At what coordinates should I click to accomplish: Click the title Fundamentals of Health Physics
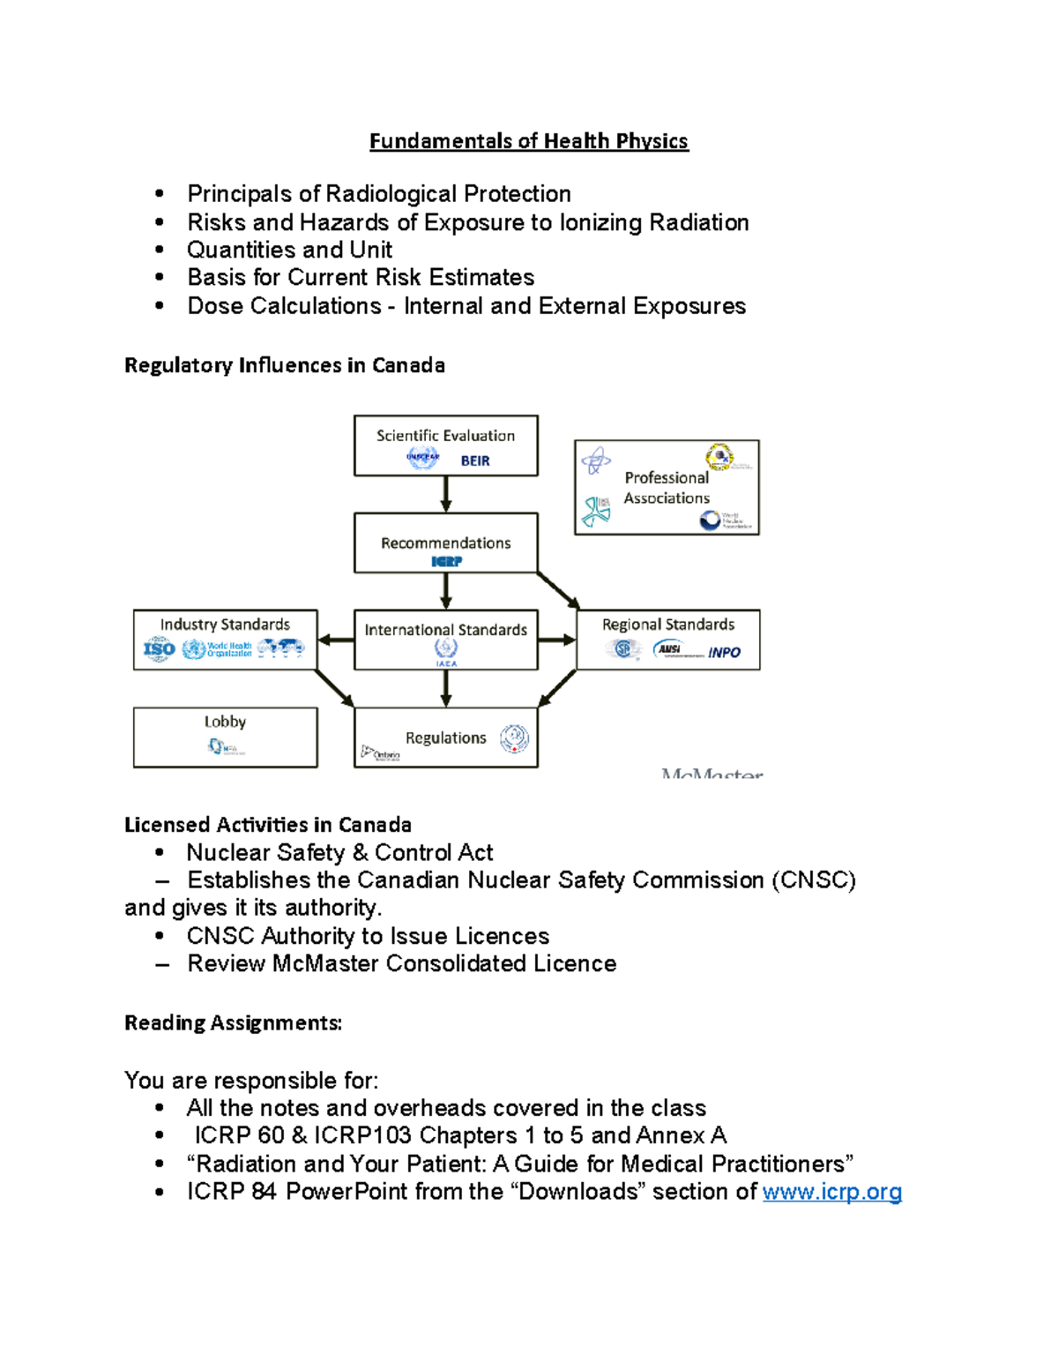528,141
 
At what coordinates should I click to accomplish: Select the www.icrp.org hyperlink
831,1192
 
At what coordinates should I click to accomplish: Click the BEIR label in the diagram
475,460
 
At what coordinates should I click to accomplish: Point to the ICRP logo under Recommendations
446,561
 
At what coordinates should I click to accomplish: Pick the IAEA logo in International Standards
446,652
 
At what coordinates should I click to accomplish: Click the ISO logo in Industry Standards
159,650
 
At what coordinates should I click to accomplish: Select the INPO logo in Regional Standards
724,653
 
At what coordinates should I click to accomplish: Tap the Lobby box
225,737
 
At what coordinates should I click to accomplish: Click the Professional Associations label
667,488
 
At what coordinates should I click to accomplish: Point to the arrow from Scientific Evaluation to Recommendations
446,494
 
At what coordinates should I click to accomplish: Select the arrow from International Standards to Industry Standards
335,640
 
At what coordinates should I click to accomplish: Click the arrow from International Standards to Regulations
446,688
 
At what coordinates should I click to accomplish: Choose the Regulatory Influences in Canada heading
284,365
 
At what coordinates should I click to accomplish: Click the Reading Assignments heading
233,1022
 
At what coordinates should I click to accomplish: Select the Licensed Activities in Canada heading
267,825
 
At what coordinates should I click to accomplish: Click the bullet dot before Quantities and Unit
160,250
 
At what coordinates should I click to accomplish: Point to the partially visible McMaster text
712,774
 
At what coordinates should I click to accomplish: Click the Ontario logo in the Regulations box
381,753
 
